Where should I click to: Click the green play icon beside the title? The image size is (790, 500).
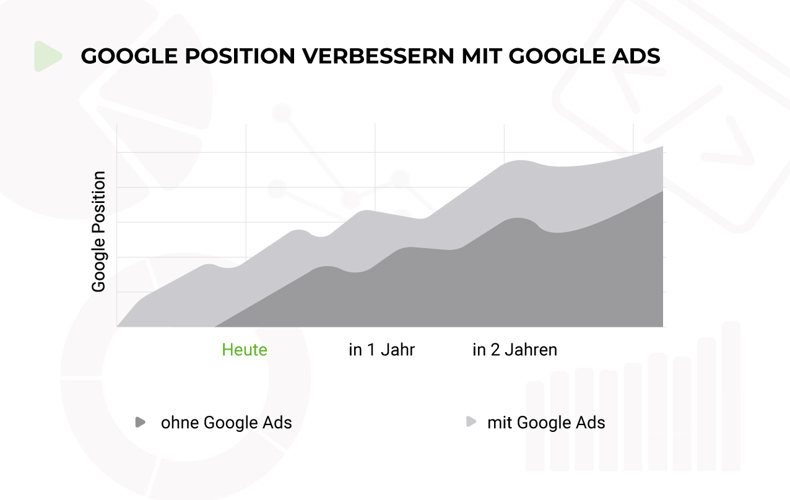pyautogui.click(x=47, y=56)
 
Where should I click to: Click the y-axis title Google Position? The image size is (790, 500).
pyautogui.click(x=98, y=232)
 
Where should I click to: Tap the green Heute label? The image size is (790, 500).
pyautogui.click(x=245, y=350)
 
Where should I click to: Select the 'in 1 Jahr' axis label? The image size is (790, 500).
pyautogui.click(x=381, y=350)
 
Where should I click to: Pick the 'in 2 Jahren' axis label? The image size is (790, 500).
pyautogui.click(x=514, y=350)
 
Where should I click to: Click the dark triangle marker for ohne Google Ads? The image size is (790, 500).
pyautogui.click(x=141, y=423)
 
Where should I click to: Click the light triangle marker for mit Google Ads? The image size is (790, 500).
pyautogui.click(x=471, y=423)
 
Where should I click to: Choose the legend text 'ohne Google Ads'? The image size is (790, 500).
pyautogui.click(x=226, y=423)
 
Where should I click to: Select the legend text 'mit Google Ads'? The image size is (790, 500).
pyautogui.click(x=546, y=423)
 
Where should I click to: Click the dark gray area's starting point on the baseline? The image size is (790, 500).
pyautogui.click(x=215, y=325)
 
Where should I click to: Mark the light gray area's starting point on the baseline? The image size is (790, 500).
pyautogui.click(x=118, y=325)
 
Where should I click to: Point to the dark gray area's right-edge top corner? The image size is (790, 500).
pyautogui.click(x=662, y=191)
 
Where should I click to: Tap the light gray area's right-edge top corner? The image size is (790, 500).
pyautogui.click(x=662, y=147)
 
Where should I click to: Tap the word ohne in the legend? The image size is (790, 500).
pyautogui.click(x=179, y=423)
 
